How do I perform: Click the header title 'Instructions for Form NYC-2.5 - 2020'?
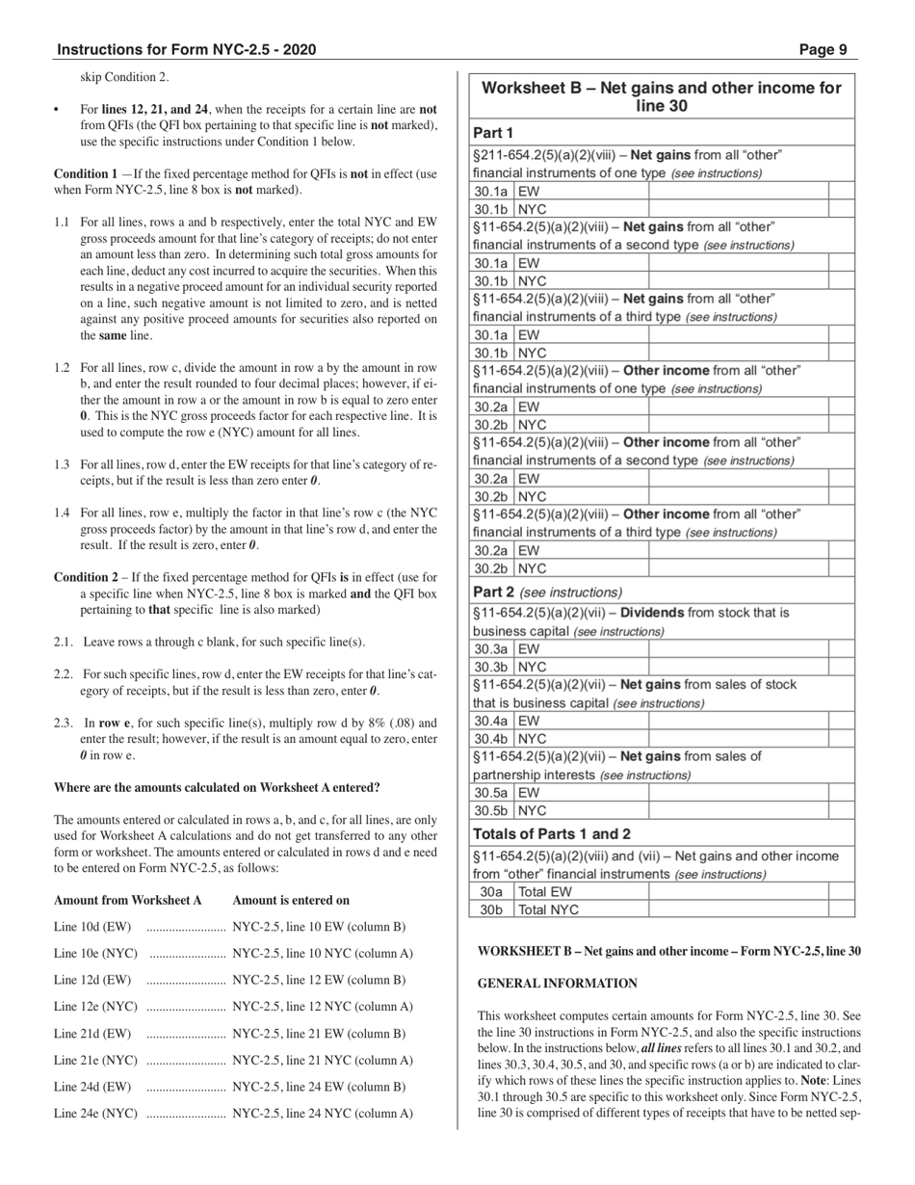click(x=186, y=50)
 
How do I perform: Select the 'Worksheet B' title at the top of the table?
click(x=661, y=96)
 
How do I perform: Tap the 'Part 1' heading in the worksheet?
click(x=493, y=133)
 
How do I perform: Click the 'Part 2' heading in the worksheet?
click(x=494, y=592)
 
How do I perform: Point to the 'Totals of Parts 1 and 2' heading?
click(x=552, y=833)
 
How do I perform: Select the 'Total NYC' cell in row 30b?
click(x=549, y=909)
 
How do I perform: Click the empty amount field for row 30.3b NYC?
click(x=738, y=667)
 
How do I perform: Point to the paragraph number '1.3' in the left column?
click(x=62, y=464)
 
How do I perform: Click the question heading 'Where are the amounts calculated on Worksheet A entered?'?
click(x=217, y=787)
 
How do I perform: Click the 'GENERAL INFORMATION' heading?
click(x=558, y=984)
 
